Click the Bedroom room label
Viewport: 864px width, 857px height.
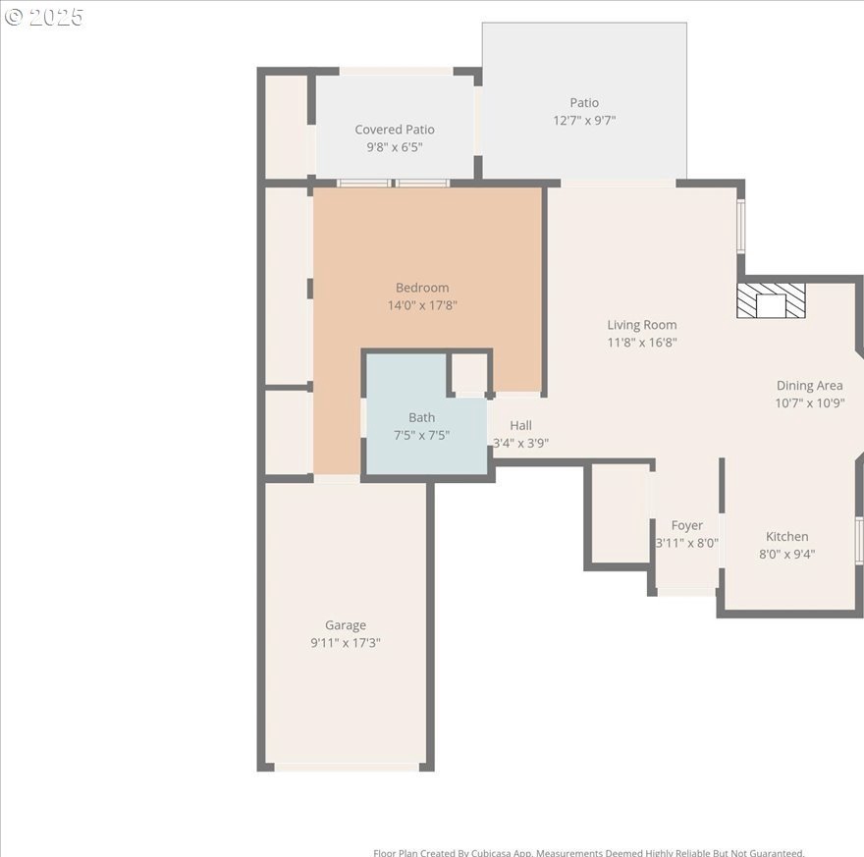tap(422, 288)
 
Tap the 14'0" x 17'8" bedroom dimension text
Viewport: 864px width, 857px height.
tap(422, 305)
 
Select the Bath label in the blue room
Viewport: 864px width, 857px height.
tap(421, 417)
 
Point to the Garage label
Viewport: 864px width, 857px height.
tap(346, 625)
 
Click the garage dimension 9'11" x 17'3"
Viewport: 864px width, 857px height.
tap(346, 643)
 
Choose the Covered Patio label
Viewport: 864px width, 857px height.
tap(395, 130)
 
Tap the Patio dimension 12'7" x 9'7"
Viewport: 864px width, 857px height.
tap(584, 120)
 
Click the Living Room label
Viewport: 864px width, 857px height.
tap(642, 325)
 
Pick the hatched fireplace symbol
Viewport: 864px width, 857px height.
tap(771, 300)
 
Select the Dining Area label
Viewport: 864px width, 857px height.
tap(809, 386)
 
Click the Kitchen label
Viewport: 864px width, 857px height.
tap(786, 536)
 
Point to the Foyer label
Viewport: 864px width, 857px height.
tap(686, 525)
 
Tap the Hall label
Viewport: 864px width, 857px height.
tap(520, 425)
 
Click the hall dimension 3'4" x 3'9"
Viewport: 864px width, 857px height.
tap(520, 443)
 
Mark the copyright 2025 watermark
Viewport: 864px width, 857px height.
tap(43, 17)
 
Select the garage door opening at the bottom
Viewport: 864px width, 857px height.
tap(348, 768)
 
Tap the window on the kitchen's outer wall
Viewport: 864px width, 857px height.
tap(859, 540)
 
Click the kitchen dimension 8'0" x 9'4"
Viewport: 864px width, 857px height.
tap(786, 554)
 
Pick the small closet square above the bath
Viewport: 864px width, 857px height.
tap(469, 372)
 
